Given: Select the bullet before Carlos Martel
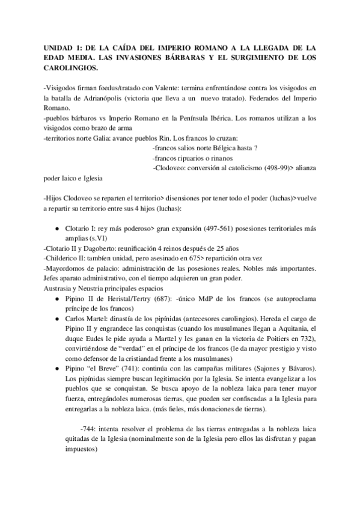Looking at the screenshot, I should point(56,318).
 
